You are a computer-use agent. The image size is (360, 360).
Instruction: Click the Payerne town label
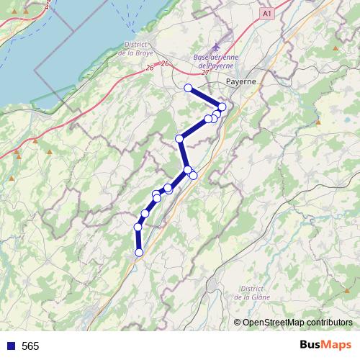click(x=241, y=81)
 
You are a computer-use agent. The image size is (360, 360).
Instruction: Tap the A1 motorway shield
click(x=267, y=14)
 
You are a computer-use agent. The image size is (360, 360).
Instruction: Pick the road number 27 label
click(x=206, y=71)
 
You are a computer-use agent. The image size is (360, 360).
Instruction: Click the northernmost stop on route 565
click(x=188, y=88)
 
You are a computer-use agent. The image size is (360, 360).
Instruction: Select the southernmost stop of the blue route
click(x=139, y=252)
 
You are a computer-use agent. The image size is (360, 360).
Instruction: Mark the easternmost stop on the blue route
click(x=222, y=107)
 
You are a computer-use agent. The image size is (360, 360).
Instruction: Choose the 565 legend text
click(x=30, y=346)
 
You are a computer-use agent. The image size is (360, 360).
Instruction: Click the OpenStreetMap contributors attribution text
click(x=292, y=323)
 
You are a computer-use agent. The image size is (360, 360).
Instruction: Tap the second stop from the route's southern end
click(x=138, y=228)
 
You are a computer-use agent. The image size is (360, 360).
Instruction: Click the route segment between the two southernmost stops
click(x=138, y=240)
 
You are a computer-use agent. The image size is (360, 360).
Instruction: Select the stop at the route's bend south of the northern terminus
click(x=179, y=138)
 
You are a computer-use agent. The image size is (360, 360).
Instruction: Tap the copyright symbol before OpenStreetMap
click(x=237, y=323)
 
